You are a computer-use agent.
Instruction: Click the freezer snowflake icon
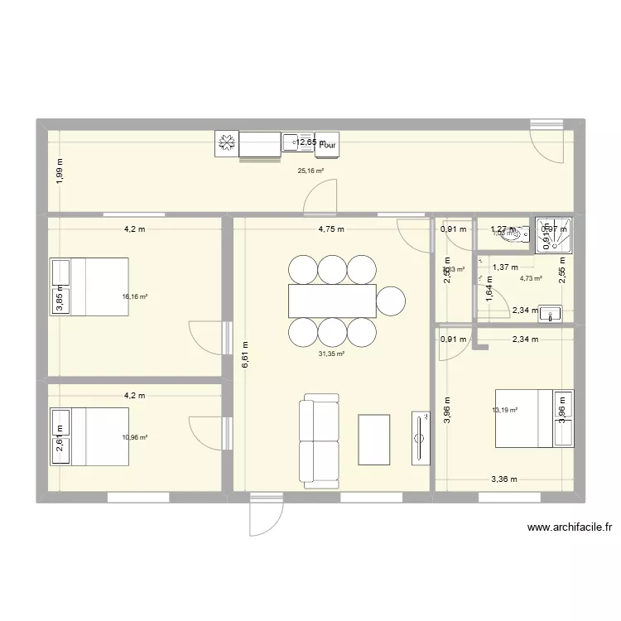(226, 144)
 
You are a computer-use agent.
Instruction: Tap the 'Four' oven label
(329, 145)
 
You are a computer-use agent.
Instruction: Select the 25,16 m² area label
(310, 171)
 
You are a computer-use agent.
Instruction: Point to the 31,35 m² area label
(331, 354)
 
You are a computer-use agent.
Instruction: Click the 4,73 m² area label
(531, 278)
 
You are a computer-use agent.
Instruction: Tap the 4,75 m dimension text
(330, 229)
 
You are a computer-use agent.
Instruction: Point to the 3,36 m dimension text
(503, 479)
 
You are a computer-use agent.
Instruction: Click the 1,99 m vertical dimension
(60, 171)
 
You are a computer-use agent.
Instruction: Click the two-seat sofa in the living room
(319, 440)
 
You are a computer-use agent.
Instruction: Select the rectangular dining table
(331, 301)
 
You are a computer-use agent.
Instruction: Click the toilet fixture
(517, 233)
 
